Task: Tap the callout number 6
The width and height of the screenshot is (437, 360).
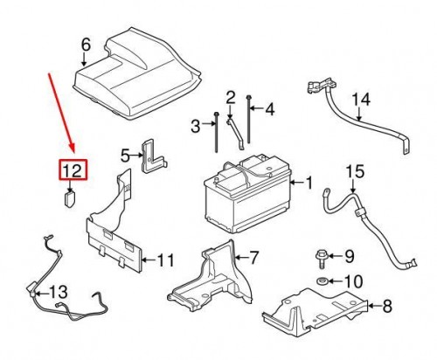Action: click(85, 45)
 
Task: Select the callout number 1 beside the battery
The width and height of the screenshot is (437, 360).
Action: click(307, 183)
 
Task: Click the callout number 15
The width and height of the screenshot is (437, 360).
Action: click(355, 172)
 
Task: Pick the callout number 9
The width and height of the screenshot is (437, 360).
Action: click(349, 256)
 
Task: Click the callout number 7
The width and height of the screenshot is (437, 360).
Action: click(253, 258)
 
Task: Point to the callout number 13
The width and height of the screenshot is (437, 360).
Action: click(58, 290)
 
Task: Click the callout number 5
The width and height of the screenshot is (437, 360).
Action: click(125, 156)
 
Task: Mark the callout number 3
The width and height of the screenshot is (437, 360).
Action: click(195, 128)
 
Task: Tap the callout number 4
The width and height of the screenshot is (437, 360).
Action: click(269, 109)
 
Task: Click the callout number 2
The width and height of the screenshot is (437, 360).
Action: click(231, 96)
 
